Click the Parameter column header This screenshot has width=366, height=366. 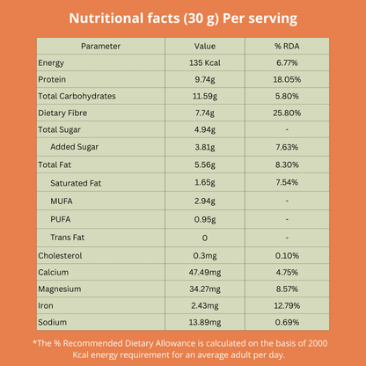[x=101, y=46]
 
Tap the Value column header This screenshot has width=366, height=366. [x=204, y=46]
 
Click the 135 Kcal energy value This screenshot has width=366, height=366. [x=204, y=62]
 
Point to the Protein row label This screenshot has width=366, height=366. [x=53, y=78]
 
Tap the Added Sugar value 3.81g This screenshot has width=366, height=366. [x=204, y=146]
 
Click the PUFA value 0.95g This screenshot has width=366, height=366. [x=204, y=219]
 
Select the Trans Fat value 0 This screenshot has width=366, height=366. [x=204, y=238]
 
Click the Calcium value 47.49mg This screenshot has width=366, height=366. [x=204, y=273]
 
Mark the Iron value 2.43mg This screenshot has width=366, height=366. [x=204, y=305]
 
